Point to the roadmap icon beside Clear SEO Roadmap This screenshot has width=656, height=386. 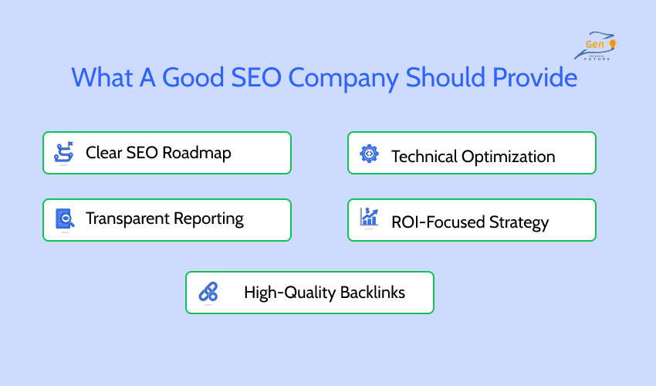pyautogui.click(x=64, y=152)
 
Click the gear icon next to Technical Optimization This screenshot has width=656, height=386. pyautogui.click(x=370, y=154)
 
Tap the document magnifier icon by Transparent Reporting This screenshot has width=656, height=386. pyautogui.click(x=64, y=219)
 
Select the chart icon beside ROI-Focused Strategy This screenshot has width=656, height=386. pyautogui.click(x=370, y=219)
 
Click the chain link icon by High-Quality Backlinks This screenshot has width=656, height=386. pyautogui.click(x=208, y=292)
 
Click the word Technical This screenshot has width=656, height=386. pyautogui.click(x=424, y=157)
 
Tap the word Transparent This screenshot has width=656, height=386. pyautogui.click(x=128, y=219)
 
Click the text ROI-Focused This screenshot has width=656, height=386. pyautogui.click(x=438, y=222)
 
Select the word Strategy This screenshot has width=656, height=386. pyautogui.click(x=519, y=222)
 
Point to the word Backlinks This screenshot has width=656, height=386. pyautogui.click(x=371, y=293)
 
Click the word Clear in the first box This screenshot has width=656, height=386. pyautogui.click(x=102, y=153)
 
